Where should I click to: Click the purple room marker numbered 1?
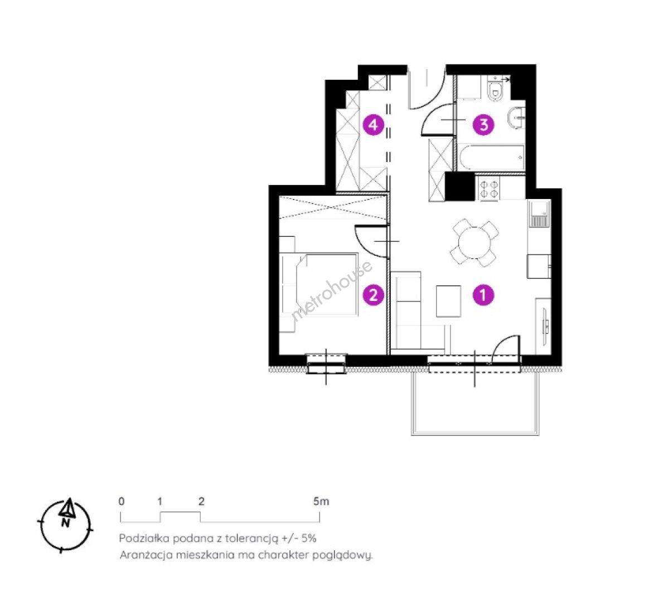point(483,295)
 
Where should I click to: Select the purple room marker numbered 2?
point(373,295)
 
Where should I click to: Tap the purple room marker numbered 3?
point(484,125)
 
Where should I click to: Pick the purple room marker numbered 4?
point(373,125)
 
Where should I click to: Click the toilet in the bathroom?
point(496,89)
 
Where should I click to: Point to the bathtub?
point(491,158)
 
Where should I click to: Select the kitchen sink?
point(539,213)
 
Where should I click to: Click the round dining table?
point(474,243)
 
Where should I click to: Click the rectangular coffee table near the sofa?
point(449,301)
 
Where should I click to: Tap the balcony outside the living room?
point(475,402)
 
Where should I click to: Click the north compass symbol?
point(66,525)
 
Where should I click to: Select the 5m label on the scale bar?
point(321,502)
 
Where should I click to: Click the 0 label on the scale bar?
point(122,502)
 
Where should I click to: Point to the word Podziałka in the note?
point(143,538)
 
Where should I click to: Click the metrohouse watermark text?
point(332,290)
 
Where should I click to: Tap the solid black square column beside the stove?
point(459,186)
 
